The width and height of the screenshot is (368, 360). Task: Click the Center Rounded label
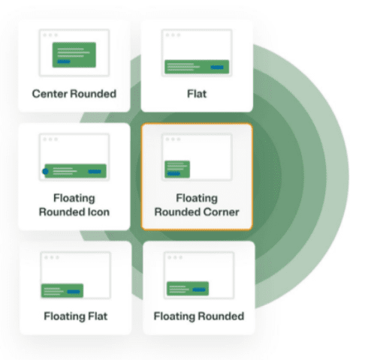point(74,94)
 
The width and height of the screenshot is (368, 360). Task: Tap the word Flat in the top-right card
point(197,94)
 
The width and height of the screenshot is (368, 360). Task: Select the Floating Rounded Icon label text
point(74,205)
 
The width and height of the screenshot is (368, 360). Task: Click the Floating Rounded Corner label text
point(197,205)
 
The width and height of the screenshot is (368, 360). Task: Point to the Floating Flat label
point(76,316)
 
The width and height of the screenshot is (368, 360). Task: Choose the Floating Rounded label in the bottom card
point(199,316)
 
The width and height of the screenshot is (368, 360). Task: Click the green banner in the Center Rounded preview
point(74,55)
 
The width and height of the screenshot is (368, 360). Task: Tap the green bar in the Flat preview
point(197,67)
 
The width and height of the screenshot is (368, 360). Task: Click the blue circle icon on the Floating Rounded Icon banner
point(45,171)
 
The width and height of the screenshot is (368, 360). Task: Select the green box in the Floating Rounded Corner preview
point(177,169)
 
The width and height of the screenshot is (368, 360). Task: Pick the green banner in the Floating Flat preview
point(62,291)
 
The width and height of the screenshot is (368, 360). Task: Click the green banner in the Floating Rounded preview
point(188,289)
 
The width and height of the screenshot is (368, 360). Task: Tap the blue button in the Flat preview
point(217,67)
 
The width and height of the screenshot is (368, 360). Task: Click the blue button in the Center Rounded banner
point(64,61)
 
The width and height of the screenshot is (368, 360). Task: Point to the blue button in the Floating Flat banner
point(74,292)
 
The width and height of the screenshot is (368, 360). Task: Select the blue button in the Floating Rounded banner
point(199,289)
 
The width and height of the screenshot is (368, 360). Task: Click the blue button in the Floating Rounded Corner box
point(173,173)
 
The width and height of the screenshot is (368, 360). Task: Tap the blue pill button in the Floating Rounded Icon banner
point(95,171)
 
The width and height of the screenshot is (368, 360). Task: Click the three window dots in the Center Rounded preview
point(50,35)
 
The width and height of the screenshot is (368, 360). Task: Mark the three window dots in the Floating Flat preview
point(52,257)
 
